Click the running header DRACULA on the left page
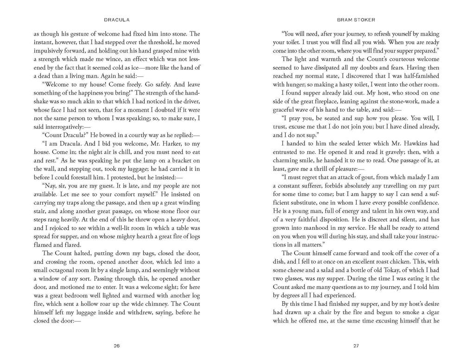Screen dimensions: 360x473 click(x=116, y=20)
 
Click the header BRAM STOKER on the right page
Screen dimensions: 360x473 click(x=356, y=20)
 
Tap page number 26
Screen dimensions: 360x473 click(x=117, y=345)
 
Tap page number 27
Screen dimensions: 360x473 click(x=356, y=345)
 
